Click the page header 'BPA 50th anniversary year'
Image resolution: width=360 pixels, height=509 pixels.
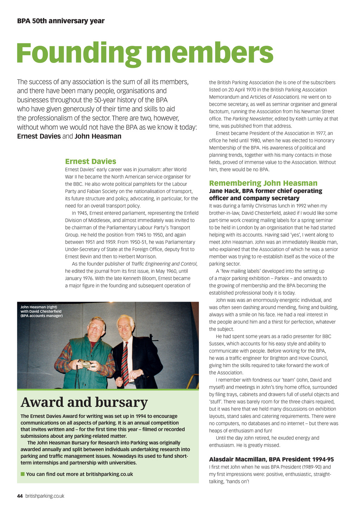click(x=61, y=21)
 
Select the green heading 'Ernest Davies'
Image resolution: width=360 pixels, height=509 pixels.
click(x=90, y=161)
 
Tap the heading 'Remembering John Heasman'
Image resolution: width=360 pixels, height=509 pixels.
click(x=263, y=183)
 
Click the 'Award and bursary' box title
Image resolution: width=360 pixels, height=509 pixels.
click(x=84, y=402)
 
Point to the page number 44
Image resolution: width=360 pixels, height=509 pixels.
click(x=20, y=496)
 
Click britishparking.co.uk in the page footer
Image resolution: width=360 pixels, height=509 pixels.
click(x=45, y=496)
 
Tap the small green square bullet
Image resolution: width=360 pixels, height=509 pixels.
click(x=23, y=474)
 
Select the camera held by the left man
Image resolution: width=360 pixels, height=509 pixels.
click(x=86, y=364)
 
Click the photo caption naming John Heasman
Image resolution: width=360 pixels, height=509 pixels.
click(x=41, y=311)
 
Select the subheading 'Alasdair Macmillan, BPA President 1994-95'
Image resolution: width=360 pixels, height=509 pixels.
click(x=271, y=459)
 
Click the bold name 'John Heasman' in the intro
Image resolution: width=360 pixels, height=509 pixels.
click(x=98, y=136)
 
